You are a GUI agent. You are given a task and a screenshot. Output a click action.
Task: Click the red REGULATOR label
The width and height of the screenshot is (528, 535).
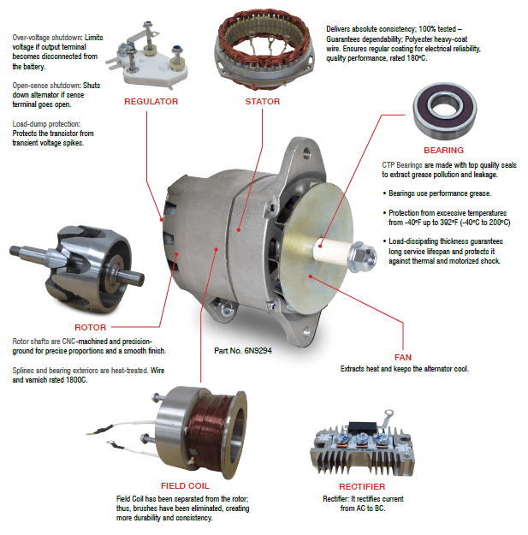click(151, 101)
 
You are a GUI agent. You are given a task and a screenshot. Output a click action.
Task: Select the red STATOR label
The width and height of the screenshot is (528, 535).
click(263, 101)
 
